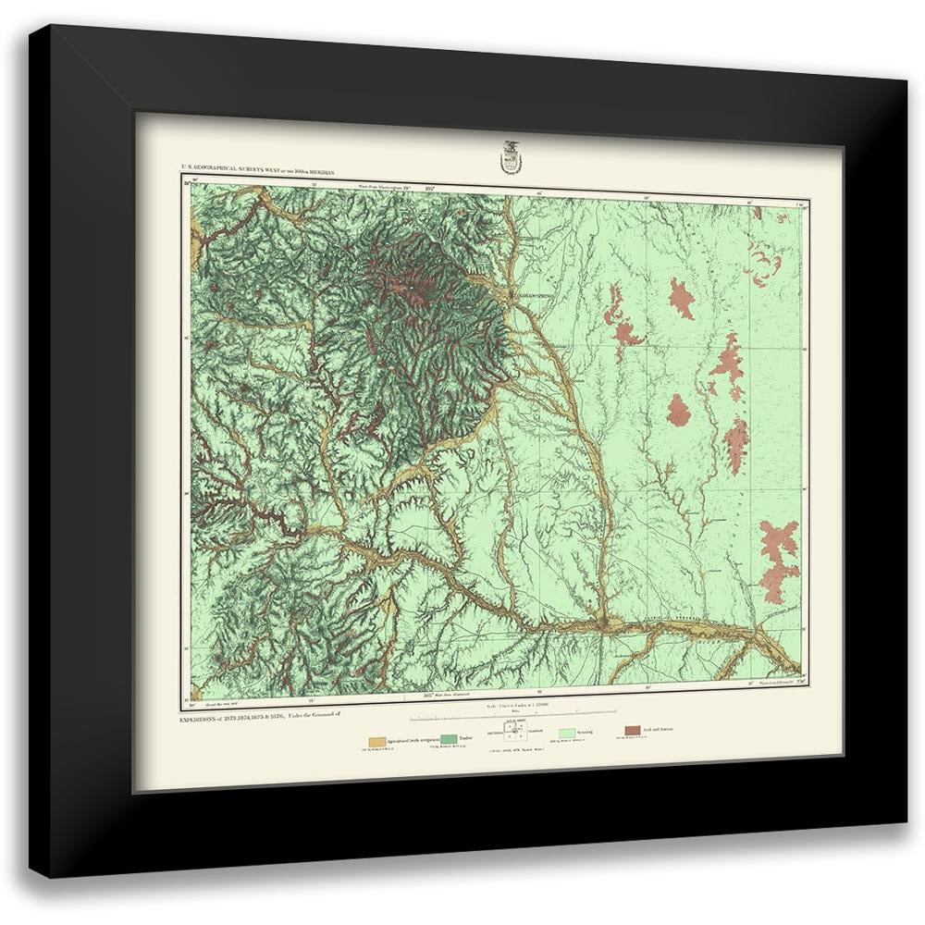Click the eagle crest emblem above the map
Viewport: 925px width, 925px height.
510,156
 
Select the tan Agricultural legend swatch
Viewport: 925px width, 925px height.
376,742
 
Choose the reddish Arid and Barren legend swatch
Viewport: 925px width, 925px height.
632,731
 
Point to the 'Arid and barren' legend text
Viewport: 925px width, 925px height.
660,729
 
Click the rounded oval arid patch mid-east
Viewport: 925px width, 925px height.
678,409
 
